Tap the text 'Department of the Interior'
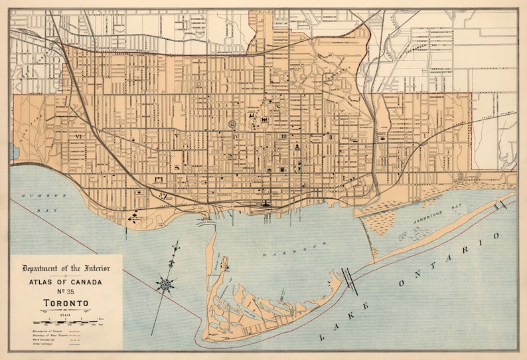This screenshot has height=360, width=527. pos(66,268)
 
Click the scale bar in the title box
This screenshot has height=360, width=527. pos(66,321)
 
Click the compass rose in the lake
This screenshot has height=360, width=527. pos(166,284)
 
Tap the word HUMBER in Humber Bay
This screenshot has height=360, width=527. pos(35,196)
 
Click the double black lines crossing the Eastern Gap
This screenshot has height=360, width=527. pos(349,279)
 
